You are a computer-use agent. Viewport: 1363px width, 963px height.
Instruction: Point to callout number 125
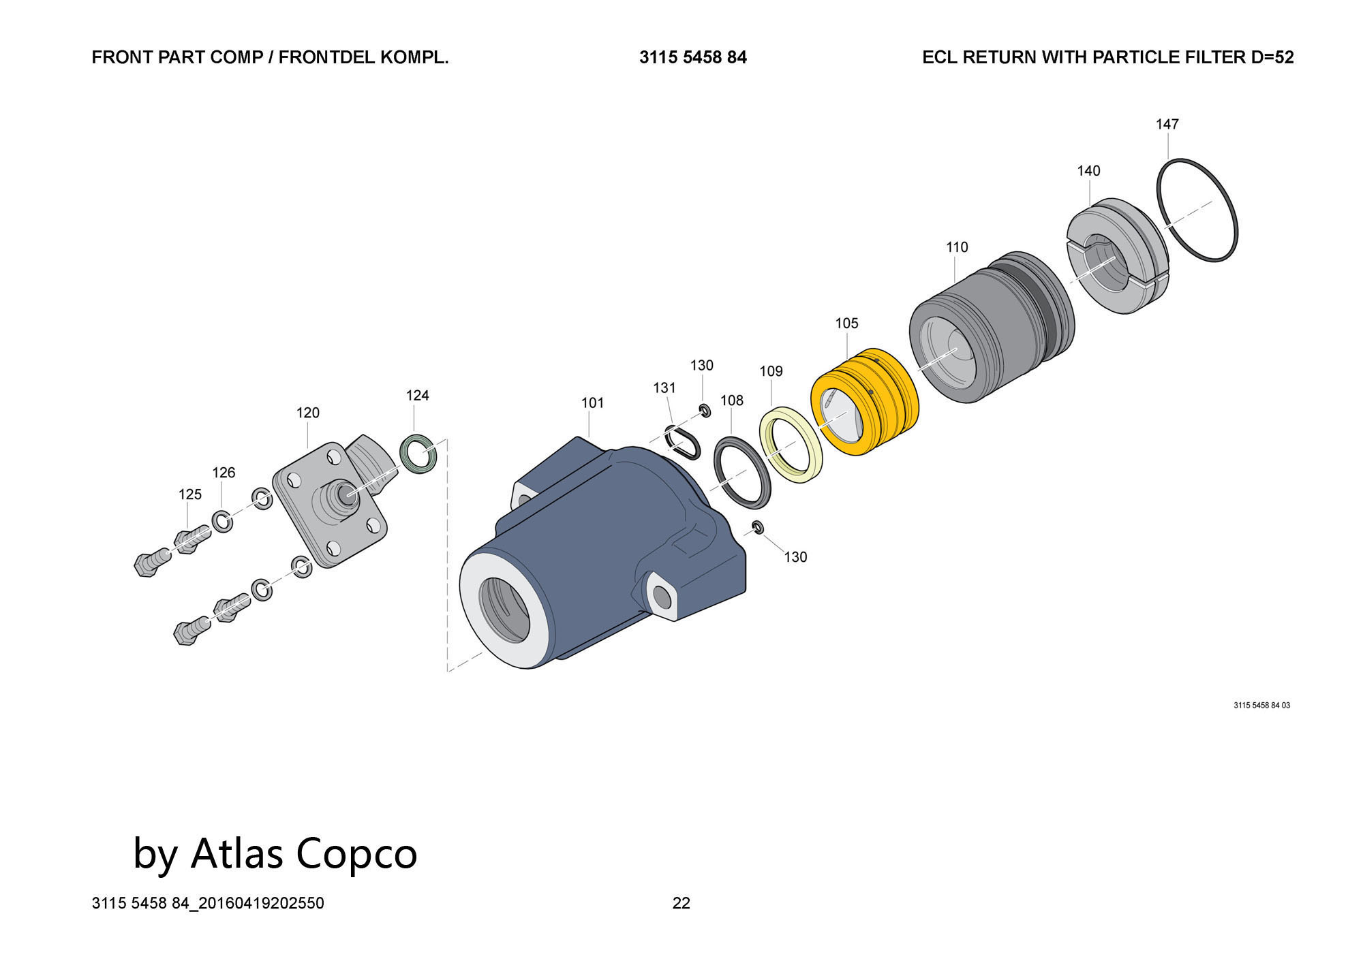(190, 494)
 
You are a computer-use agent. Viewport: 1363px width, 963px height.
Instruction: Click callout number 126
(224, 473)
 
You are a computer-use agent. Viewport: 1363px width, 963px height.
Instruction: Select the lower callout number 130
(795, 557)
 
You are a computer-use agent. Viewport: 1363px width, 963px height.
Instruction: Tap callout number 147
(1167, 124)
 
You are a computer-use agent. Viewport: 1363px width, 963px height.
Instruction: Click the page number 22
(681, 903)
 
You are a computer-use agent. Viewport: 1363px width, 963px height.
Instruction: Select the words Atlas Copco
(303, 853)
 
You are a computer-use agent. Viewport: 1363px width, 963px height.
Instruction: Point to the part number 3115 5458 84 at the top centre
(692, 57)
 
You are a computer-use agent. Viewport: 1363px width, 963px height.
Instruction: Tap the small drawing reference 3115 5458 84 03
(1261, 706)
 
